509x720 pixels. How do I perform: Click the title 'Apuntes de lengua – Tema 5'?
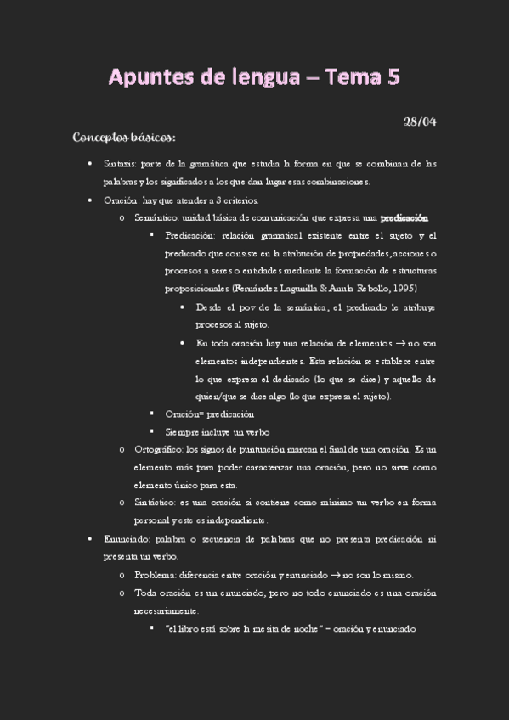point(254,77)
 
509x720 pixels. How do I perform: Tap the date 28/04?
point(420,121)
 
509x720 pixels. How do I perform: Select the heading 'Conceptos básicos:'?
point(124,137)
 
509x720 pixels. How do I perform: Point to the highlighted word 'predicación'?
point(404,217)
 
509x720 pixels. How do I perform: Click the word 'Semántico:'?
point(155,217)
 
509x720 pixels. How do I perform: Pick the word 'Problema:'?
point(153,575)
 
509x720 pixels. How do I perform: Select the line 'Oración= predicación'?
point(209,413)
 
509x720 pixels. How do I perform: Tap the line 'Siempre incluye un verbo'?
point(217,431)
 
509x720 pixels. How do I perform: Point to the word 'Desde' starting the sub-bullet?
point(209,307)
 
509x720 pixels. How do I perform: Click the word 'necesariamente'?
point(165,610)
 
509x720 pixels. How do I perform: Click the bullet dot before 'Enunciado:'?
point(90,539)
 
